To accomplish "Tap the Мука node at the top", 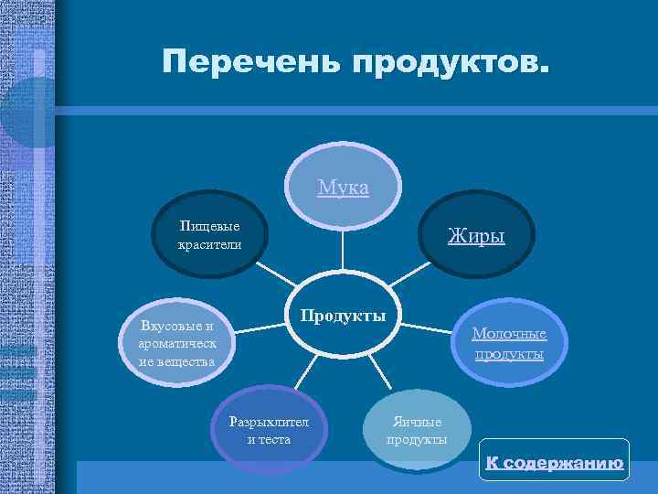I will point(344,188).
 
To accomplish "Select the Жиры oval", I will point(475,236).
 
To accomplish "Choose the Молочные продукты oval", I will point(509,343).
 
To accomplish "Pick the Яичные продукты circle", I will point(417,430).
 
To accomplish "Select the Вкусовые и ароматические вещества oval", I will point(177,343).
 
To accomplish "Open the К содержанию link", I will point(555,463).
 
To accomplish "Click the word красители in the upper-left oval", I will point(210,244).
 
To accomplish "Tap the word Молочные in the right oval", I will point(509,334).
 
